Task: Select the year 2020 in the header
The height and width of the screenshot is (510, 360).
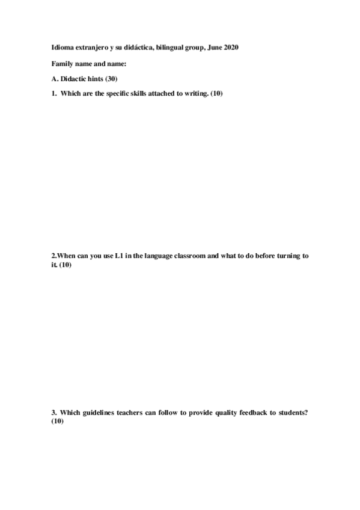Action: click(230, 48)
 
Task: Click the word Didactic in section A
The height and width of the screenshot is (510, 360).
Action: click(75, 79)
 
